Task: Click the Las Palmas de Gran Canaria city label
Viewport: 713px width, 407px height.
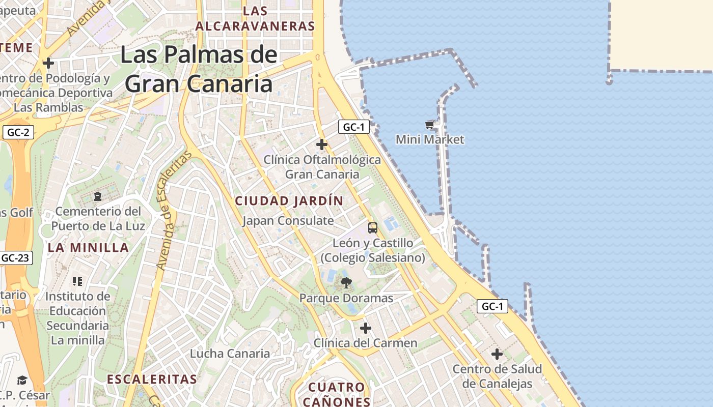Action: [x=199, y=69]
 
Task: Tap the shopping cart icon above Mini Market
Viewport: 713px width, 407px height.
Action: [x=430, y=125]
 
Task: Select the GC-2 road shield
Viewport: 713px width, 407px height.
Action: [x=18, y=133]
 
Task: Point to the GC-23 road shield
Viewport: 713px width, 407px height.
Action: [x=15, y=258]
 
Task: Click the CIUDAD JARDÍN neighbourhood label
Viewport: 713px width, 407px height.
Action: [x=289, y=201]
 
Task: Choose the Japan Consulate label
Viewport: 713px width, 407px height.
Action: [x=288, y=221]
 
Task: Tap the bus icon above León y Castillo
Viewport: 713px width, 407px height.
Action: [x=373, y=227]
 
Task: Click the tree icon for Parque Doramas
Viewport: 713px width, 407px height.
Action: [x=346, y=283]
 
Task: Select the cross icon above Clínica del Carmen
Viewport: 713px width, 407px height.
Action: [x=365, y=328]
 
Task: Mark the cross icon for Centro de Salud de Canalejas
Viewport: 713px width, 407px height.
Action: [x=497, y=354]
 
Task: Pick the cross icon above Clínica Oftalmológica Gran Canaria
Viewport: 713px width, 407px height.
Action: [x=322, y=144]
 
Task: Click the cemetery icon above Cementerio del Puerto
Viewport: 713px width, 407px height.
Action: [x=98, y=196]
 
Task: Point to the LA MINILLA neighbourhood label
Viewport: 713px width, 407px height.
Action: [x=88, y=248]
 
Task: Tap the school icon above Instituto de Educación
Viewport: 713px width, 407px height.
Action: [x=77, y=281]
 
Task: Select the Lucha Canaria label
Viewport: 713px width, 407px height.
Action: [x=230, y=353]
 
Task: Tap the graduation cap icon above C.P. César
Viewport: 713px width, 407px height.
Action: [x=22, y=381]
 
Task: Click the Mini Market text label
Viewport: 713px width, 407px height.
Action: [x=430, y=139]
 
